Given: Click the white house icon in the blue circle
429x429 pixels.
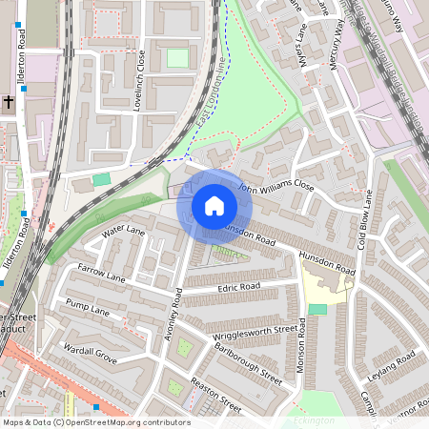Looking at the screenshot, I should coord(214,206).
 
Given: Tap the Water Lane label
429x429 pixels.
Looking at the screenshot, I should coord(123,230).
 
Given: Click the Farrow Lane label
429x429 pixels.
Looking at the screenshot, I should coord(101,274).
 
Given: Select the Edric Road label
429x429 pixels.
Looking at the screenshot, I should coord(239,286).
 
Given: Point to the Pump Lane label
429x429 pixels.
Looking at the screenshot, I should coord(88,307).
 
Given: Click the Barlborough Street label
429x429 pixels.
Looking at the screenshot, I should coord(248,363).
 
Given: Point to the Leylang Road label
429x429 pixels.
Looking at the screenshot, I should coord(392,366).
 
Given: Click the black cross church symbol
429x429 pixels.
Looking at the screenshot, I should coord(7,100).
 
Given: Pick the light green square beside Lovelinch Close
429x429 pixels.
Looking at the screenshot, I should coord(177,58).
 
